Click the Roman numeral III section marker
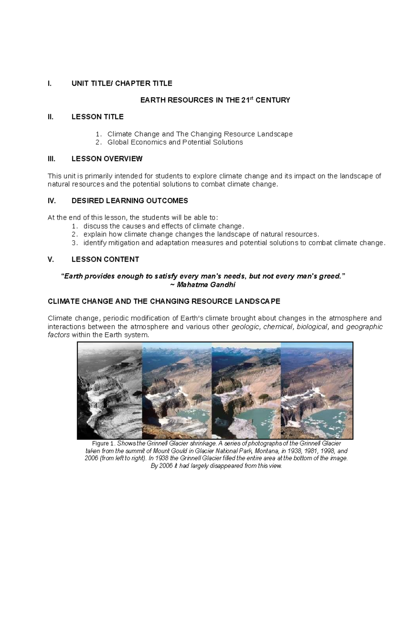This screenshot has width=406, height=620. click(x=51, y=159)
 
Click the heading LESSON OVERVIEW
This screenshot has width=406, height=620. click(x=107, y=159)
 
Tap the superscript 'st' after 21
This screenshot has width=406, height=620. click(x=252, y=98)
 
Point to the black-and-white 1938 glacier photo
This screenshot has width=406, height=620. click(x=110, y=390)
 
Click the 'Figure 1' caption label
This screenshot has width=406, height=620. click(x=104, y=443)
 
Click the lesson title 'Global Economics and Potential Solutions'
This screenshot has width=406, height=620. click(x=175, y=142)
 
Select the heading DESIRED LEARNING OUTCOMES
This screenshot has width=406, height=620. click(x=130, y=201)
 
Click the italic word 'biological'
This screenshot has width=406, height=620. click(x=312, y=327)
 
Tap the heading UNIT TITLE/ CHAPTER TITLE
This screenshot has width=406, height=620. click(x=122, y=83)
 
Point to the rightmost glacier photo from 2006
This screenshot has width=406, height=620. click(x=317, y=390)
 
